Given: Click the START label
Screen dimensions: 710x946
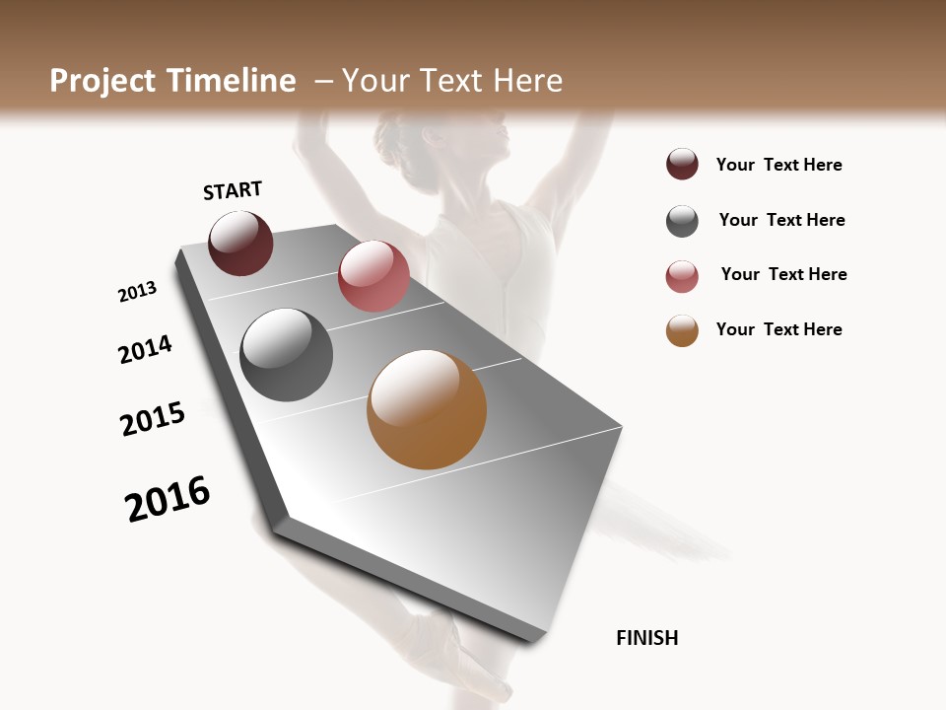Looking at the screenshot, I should (233, 190).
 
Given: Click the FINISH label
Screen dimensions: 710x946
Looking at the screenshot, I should (647, 638).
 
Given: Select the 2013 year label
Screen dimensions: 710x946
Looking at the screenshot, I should (137, 292).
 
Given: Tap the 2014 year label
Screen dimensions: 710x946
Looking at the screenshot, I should (145, 350).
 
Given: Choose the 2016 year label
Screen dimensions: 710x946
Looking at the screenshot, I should (168, 499).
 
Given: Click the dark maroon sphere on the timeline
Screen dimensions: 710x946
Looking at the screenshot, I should (240, 244).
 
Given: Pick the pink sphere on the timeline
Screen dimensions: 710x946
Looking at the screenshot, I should (373, 276).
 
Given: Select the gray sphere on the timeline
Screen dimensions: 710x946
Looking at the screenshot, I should (286, 355).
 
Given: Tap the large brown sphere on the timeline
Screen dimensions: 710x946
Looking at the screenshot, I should (427, 409).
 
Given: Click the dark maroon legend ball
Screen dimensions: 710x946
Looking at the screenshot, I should (682, 165).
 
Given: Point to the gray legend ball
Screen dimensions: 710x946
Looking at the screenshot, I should (682, 221).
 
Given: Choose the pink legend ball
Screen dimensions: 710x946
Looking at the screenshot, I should (682, 276).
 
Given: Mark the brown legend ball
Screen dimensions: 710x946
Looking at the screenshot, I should (682, 330).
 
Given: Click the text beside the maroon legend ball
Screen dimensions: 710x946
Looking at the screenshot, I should (778, 165).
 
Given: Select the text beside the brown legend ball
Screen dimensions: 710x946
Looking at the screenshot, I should (778, 329).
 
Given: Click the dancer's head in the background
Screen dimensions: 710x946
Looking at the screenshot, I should (463, 148).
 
